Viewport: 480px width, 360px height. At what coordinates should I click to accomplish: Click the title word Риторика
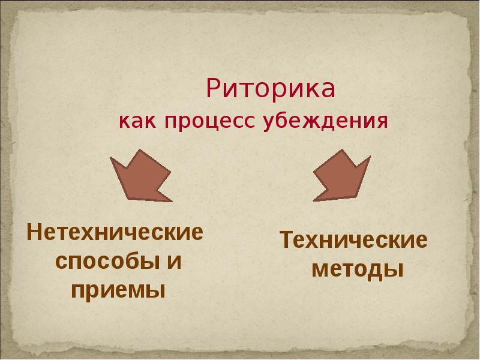[x=271, y=89]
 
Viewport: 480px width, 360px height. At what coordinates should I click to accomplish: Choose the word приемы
[x=118, y=290]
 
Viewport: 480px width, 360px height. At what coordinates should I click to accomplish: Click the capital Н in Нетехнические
[x=34, y=232]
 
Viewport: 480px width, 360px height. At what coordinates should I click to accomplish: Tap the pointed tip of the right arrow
[x=313, y=199]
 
